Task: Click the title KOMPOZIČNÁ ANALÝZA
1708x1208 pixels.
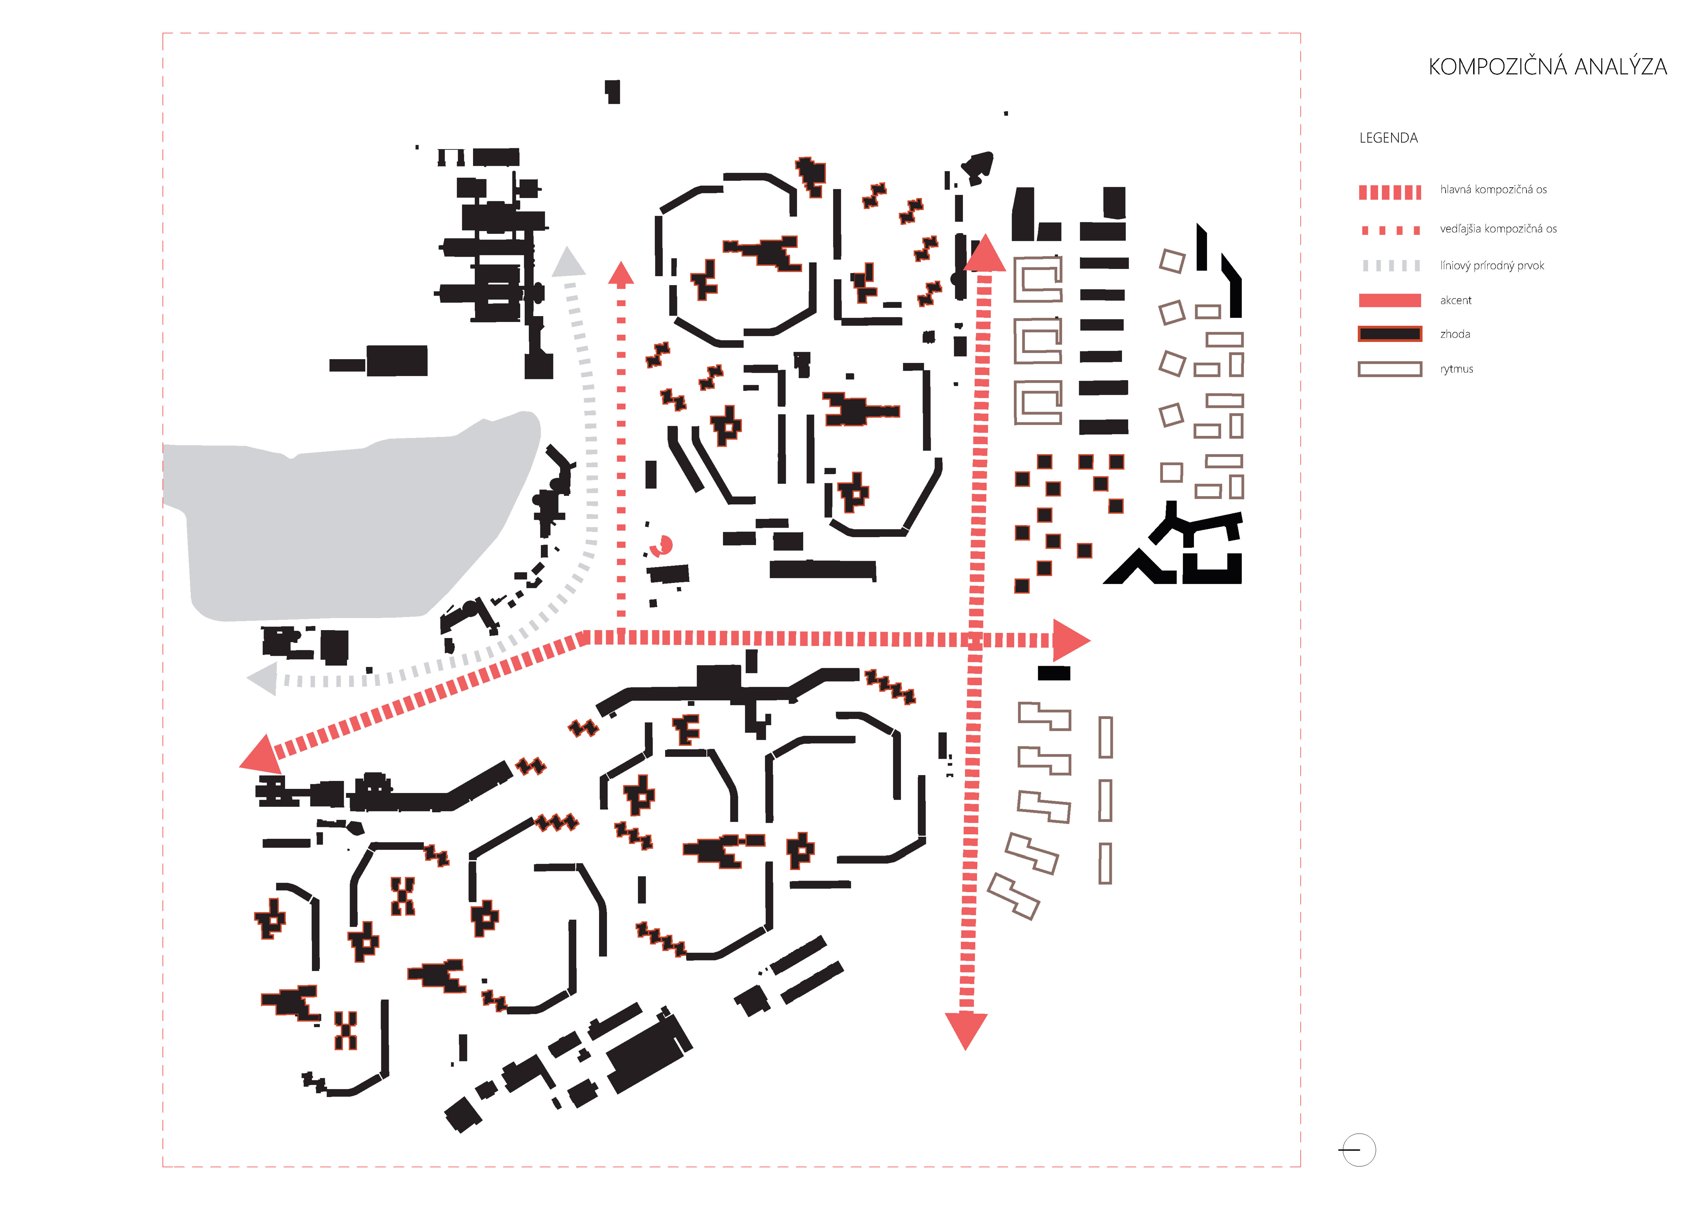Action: [x=1547, y=67]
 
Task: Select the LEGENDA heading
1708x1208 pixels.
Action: [x=1388, y=138]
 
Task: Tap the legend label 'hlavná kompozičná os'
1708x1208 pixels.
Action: [x=1493, y=190]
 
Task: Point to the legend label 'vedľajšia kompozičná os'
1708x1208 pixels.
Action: [x=1498, y=229]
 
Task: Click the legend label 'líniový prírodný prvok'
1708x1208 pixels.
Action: [x=1491, y=266]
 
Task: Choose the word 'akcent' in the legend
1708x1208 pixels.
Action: [x=1456, y=300]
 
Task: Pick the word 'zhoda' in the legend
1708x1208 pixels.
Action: [x=1455, y=334]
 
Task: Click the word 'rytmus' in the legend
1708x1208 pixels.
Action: [x=1457, y=369]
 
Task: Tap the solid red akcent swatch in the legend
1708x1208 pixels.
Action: [x=1390, y=300]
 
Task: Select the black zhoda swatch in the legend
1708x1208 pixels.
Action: [x=1390, y=334]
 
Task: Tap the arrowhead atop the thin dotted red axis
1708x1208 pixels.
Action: [x=621, y=274]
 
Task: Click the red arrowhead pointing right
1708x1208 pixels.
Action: [x=1070, y=640]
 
